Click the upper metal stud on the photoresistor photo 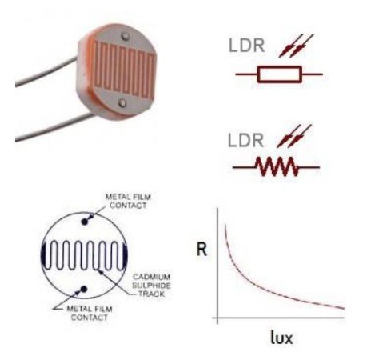tap(125, 37)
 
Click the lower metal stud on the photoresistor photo tap(122, 102)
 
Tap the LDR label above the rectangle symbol tap(246, 46)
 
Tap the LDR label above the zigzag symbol tap(245, 141)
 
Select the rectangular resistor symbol tap(280, 74)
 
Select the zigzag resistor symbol tap(277, 166)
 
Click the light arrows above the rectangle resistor tap(295, 46)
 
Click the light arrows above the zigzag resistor tap(294, 136)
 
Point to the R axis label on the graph tap(201, 250)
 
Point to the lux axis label tap(281, 338)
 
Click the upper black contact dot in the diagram tap(85, 222)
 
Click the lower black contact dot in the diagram tap(84, 289)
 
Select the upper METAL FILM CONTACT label tap(128, 202)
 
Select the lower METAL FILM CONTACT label tap(90, 314)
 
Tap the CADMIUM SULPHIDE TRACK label tap(151, 286)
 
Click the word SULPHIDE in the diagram tap(151, 286)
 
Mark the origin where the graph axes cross tap(217, 318)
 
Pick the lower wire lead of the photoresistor tap(54, 127)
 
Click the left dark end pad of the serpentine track tap(44, 254)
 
